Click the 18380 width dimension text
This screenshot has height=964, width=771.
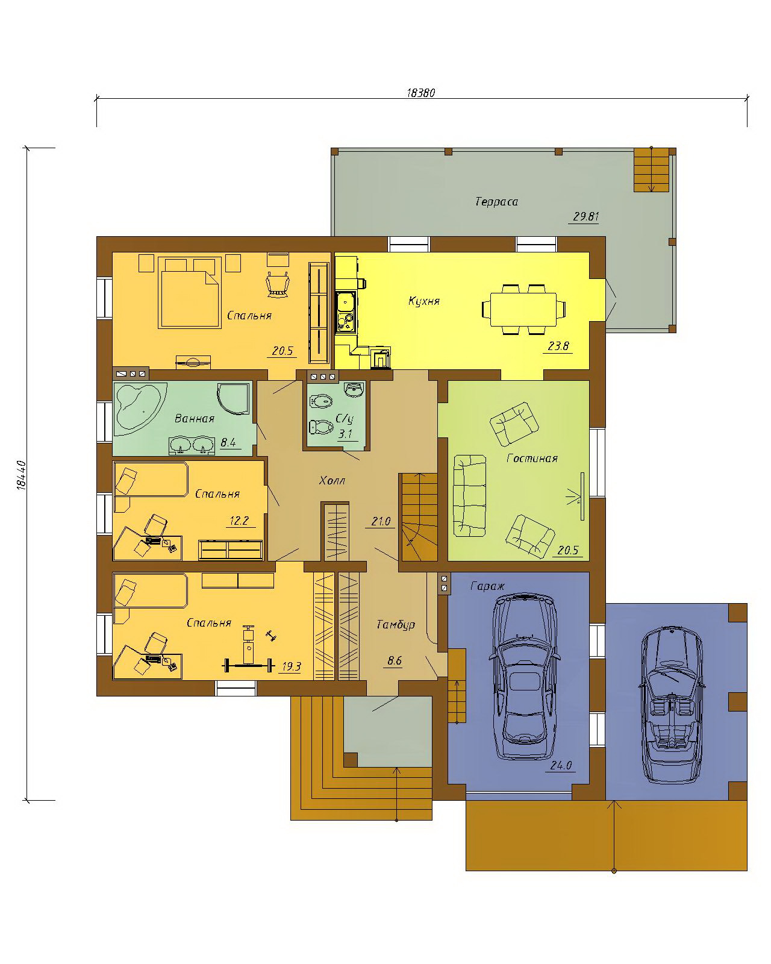tap(420, 93)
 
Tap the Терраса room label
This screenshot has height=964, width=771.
tap(496, 202)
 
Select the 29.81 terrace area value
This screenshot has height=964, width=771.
tap(585, 216)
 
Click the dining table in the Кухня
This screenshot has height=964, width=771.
tap(523, 309)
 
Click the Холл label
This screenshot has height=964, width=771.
tap(332, 481)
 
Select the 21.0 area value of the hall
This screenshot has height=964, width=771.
tap(381, 521)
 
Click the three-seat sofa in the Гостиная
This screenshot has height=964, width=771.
tap(469, 495)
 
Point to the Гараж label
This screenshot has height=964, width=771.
tap(487, 586)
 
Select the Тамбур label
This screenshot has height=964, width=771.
tap(396, 624)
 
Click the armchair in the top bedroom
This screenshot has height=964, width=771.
tap(278, 284)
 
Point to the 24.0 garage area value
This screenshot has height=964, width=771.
tap(561, 765)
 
